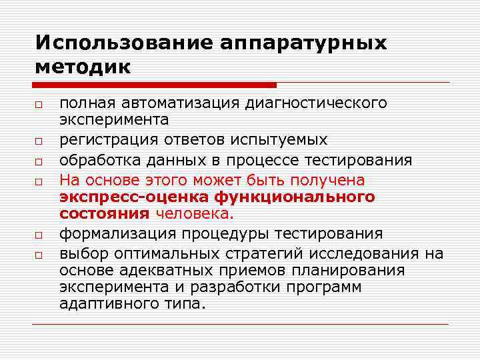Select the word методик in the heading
[x=83, y=67]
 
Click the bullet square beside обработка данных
[x=39, y=162]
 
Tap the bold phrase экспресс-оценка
[x=133, y=197]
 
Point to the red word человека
[x=195, y=214]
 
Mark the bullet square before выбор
[x=39, y=255]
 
